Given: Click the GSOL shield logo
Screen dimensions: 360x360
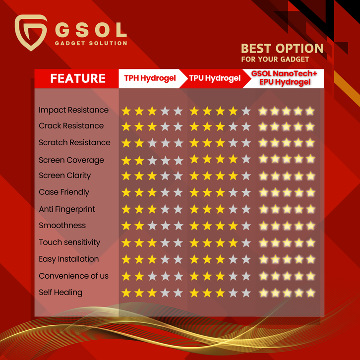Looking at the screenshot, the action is coord(31,32).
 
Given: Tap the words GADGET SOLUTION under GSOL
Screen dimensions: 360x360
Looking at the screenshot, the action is coord(91,43).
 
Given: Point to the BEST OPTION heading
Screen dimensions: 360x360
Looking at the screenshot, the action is coord(282,49).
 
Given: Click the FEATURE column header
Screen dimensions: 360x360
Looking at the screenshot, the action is coord(78,78).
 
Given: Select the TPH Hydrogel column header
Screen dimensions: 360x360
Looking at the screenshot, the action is coord(150,78).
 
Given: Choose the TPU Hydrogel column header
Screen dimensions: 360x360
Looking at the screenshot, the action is coord(215,78).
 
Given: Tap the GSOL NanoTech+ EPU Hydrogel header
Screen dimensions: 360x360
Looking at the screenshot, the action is coord(284,78).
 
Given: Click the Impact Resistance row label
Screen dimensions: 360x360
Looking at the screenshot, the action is coord(73,110).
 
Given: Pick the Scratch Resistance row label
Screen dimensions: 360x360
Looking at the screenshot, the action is coord(74,143).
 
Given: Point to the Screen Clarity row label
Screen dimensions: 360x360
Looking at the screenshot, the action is coord(65,176).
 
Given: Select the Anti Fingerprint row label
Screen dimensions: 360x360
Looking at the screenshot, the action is coord(67,209).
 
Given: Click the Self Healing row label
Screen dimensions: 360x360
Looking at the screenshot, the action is coord(60,293).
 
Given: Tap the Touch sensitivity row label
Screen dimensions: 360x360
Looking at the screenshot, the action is coord(69,242).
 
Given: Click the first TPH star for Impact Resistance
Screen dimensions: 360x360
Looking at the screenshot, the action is coord(126,111).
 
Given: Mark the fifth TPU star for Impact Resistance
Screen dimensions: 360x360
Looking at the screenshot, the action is coord(246,111).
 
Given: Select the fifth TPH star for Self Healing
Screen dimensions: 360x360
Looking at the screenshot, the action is coord(178,293).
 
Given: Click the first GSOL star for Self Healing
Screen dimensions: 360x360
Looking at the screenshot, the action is coord(264,293).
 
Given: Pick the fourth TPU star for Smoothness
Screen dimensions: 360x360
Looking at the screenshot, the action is coord(233,226).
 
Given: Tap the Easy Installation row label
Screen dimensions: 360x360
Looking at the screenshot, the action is coord(68,259).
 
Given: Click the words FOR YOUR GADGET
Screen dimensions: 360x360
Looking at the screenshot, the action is coord(275,60).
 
